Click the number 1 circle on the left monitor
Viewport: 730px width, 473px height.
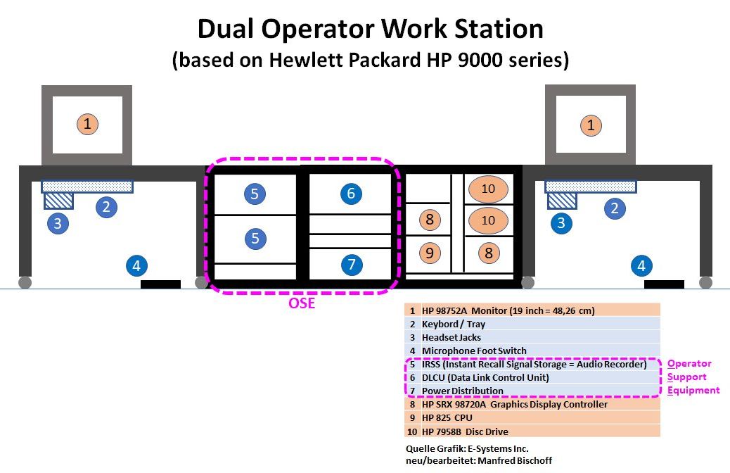(87, 125)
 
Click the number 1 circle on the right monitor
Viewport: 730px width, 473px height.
(591, 125)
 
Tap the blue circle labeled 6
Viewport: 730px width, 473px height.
(350, 194)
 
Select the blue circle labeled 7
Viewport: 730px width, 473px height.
(350, 265)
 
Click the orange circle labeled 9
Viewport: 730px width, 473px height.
(430, 251)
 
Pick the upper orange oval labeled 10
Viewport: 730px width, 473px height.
(488, 189)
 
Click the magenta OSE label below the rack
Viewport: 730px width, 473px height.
(302, 304)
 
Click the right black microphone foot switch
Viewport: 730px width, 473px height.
(664, 284)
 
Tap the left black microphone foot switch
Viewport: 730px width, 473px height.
(161, 284)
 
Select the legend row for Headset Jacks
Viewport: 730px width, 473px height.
(532, 337)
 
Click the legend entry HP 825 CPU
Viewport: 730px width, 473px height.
(532, 417)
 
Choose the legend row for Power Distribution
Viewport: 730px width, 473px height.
(532, 391)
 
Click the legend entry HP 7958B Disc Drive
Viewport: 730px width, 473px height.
(532, 431)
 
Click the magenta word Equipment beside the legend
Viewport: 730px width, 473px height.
(693, 390)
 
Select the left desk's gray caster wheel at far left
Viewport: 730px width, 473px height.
(25, 282)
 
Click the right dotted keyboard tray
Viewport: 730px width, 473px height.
(591, 187)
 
